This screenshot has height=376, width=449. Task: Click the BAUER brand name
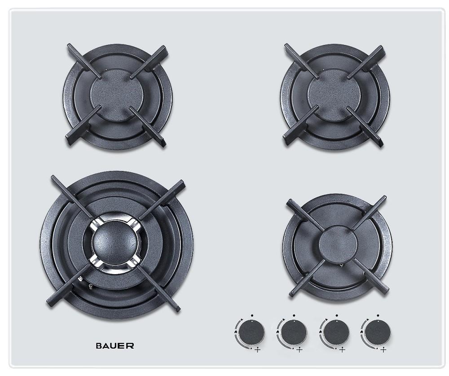pyautogui.click(x=115, y=345)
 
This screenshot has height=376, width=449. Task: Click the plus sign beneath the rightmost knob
pyautogui.click(x=383, y=350)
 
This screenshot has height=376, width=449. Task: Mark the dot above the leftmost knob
pyautogui.click(x=253, y=316)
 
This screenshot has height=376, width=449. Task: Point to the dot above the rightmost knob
pyautogui.click(x=379, y=316)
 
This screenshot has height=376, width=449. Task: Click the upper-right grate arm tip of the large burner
pyautogui.click(x=180, y=184)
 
